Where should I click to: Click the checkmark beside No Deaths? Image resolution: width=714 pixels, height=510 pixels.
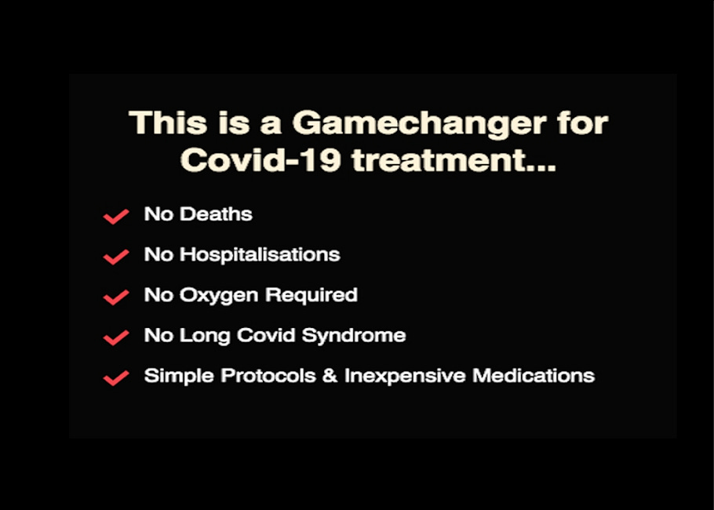pos(116,216)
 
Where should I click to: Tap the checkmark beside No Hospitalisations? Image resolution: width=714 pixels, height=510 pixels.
pos(116,257)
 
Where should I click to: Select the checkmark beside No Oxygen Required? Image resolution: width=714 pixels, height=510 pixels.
pos(116,297)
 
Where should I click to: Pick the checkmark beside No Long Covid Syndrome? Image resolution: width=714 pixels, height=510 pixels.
pos(116,338)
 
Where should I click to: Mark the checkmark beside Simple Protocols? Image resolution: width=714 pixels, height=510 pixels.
pos(116,378)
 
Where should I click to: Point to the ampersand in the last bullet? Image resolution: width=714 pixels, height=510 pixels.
pos(330,376)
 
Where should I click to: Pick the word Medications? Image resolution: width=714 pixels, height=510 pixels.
pos(533,376)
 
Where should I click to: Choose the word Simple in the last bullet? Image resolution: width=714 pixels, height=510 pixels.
pos(179,376)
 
